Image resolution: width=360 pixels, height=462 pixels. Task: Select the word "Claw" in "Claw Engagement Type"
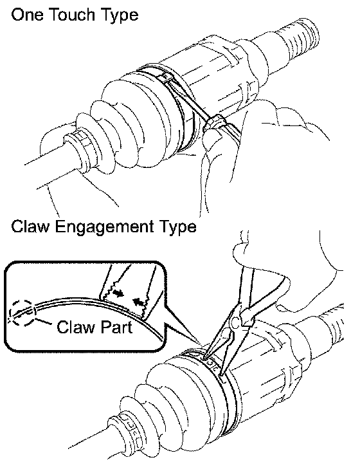[30, 226]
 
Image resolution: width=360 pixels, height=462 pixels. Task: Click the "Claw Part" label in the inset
[94, 327]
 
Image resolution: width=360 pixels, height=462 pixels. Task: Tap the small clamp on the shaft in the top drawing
[80, 142]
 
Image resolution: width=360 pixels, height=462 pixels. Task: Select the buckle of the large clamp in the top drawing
[164, 78]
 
